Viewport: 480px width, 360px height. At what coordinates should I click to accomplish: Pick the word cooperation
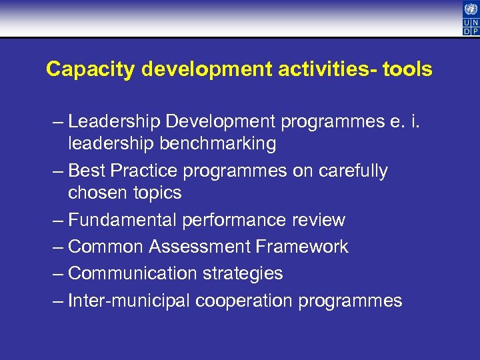coord(243,301)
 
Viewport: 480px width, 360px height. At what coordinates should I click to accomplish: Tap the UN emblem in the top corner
coord(470,9)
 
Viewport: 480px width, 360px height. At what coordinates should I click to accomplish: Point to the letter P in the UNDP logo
coord(474,30)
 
